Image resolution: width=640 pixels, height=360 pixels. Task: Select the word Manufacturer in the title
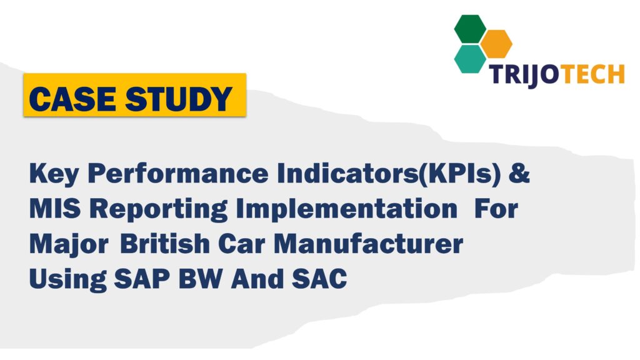click(x=372, y=244)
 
